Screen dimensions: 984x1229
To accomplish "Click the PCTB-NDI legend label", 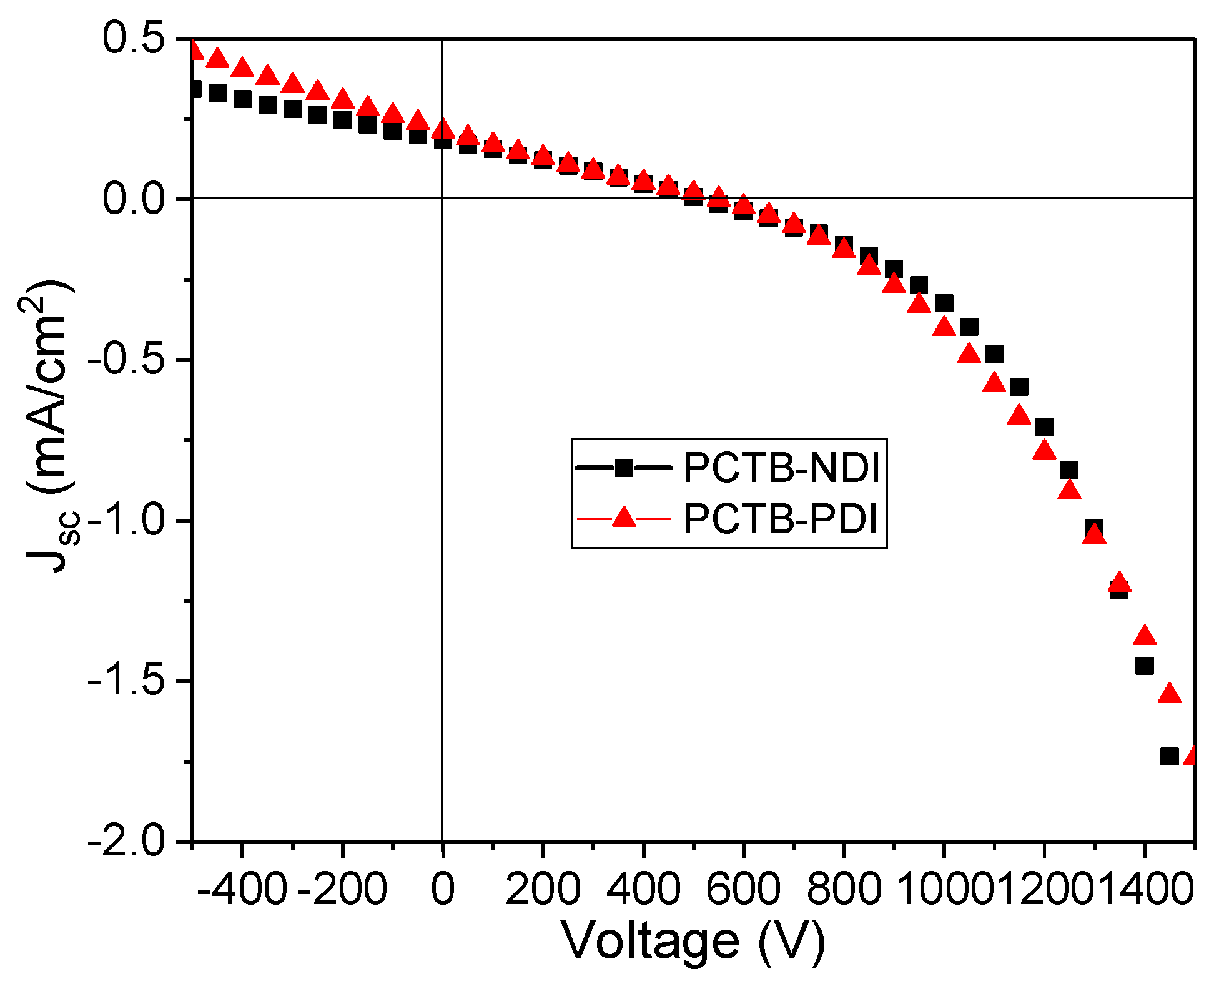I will pos(781,467).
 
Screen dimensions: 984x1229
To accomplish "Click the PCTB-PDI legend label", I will pos(781,518).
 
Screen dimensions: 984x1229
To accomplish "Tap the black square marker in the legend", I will pos(623,467).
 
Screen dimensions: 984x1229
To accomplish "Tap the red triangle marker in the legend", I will pos(623,518).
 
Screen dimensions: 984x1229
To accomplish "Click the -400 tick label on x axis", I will pos(242,889).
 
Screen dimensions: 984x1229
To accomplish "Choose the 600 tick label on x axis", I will pos(743,889).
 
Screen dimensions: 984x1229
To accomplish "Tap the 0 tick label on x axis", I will pos(442,889).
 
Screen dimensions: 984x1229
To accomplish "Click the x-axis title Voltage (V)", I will pos(693,941).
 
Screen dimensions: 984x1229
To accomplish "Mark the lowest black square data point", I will pos(1169,756).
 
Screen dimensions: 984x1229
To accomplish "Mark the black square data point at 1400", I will pos(1144,666).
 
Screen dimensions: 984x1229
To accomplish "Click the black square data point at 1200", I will pos(1044,428).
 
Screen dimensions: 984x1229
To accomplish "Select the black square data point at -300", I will pos(292,109).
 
